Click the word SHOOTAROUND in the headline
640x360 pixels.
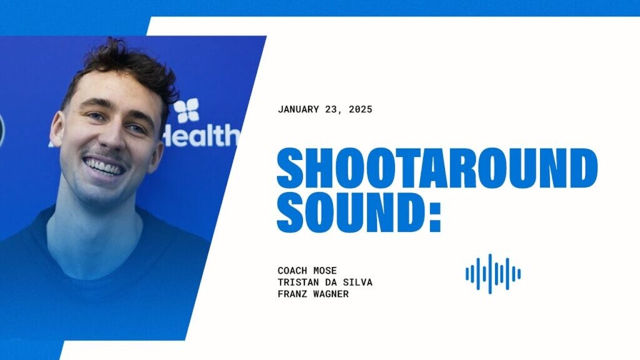point(437,167)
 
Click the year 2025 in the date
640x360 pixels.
point(361,109)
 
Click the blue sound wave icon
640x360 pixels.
point(493,274)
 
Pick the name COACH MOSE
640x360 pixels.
point(307,270)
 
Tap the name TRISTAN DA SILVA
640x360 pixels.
point(325,282)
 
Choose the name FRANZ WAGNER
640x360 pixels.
point(313,294)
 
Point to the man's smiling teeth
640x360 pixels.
point(104,166)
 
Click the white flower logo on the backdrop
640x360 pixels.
point(186,110)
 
